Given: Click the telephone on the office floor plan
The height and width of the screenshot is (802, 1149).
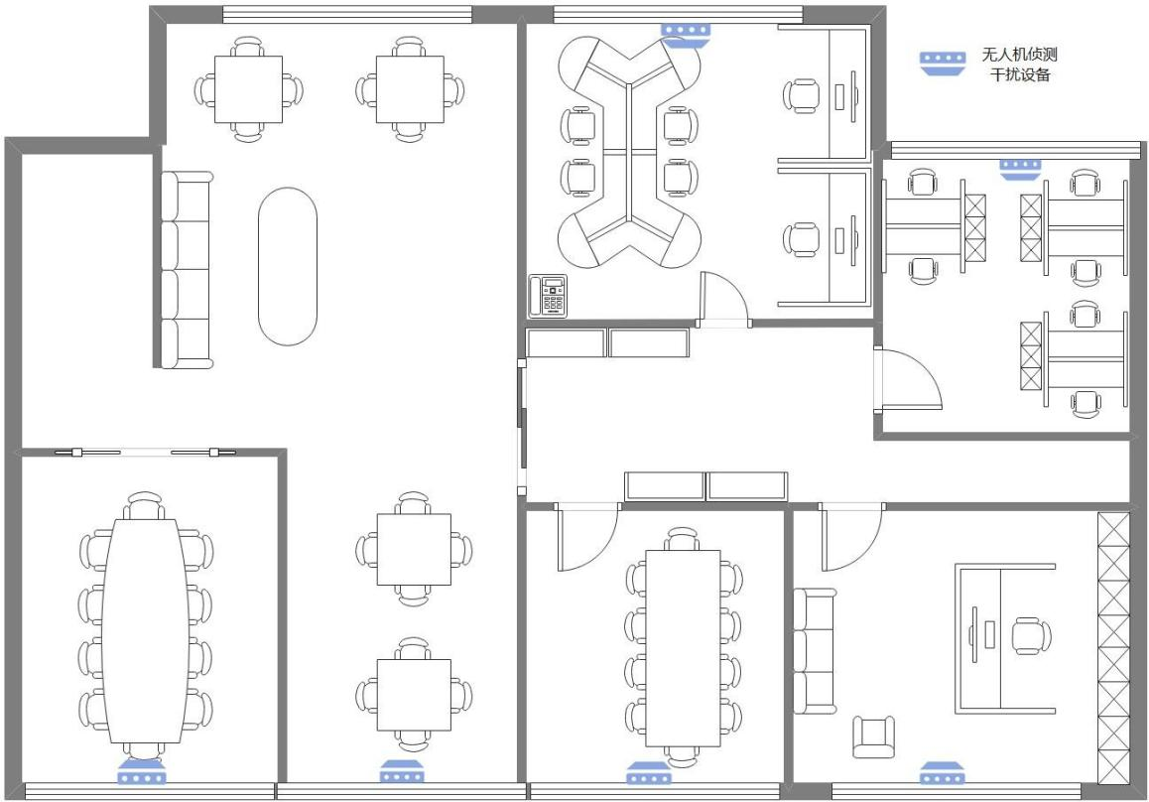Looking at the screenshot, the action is click(548, 296).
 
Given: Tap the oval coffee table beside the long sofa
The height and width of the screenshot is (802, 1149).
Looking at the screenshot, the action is click(288, 266).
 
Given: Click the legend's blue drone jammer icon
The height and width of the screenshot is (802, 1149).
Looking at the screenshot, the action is click(943, 63).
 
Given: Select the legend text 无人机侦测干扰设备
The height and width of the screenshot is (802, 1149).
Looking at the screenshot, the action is click(1019, 64).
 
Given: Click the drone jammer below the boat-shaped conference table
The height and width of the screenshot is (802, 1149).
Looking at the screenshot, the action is click(142, 772).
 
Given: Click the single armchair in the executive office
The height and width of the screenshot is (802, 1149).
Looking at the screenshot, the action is click(873, 736).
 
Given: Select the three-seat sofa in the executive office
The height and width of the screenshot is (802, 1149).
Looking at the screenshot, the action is click(815, 651).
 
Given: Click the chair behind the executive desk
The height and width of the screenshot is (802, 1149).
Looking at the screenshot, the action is click(1031, 635).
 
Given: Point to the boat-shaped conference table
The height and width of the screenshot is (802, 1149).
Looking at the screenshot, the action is click(144, 630).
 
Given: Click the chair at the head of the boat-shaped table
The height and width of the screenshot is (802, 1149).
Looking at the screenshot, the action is click(145, 506).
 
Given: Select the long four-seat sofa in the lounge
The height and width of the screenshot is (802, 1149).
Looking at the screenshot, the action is click(187, 270).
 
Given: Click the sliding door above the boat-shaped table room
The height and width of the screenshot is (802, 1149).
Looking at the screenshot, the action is click(145, 452).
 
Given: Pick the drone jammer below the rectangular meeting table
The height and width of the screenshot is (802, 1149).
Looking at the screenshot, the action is click(650, 772).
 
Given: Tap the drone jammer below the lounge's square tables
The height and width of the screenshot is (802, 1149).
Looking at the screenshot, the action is click(402, 772).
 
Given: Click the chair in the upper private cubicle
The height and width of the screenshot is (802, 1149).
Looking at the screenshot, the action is click(802, 96).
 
